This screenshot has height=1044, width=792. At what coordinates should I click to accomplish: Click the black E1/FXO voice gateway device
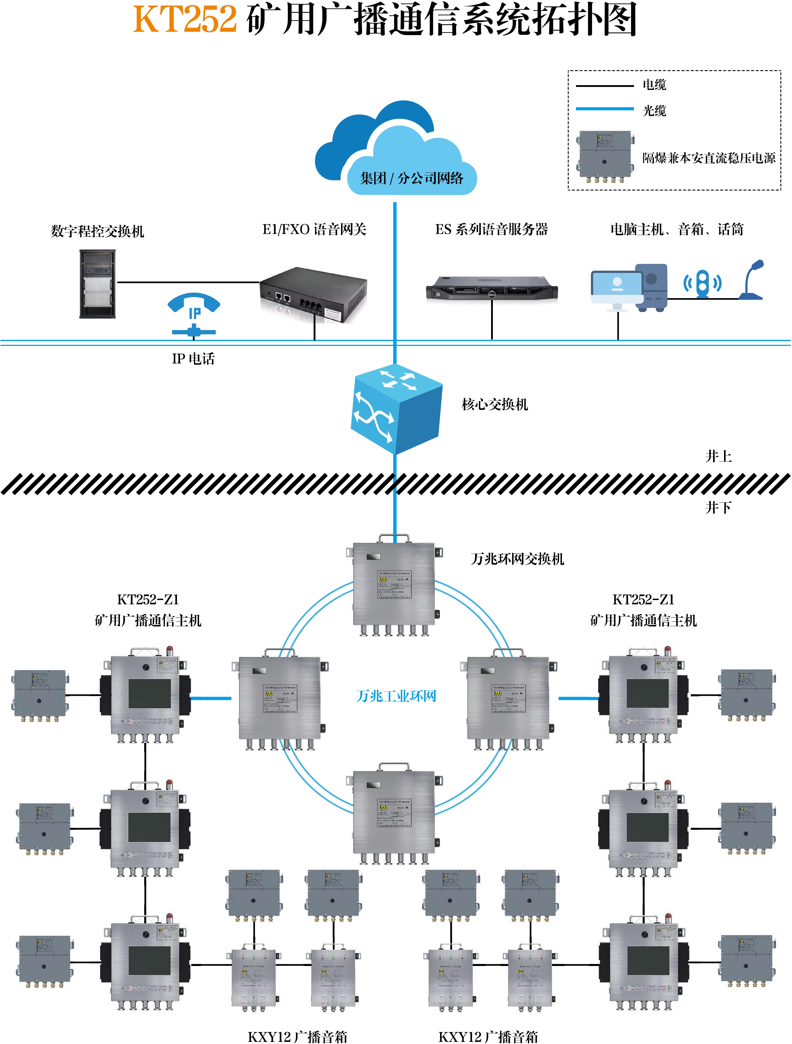pos(314,294)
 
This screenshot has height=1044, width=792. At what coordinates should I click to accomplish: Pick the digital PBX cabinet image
pos(97,284)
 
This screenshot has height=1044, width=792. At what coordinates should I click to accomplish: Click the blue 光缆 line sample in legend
pos(604,109)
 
